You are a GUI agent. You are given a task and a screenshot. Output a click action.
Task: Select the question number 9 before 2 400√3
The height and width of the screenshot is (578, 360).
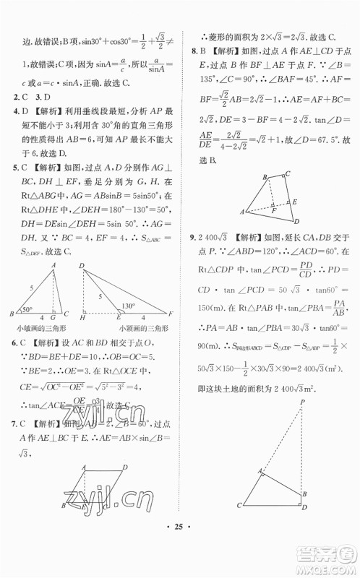tap(190, 236)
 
